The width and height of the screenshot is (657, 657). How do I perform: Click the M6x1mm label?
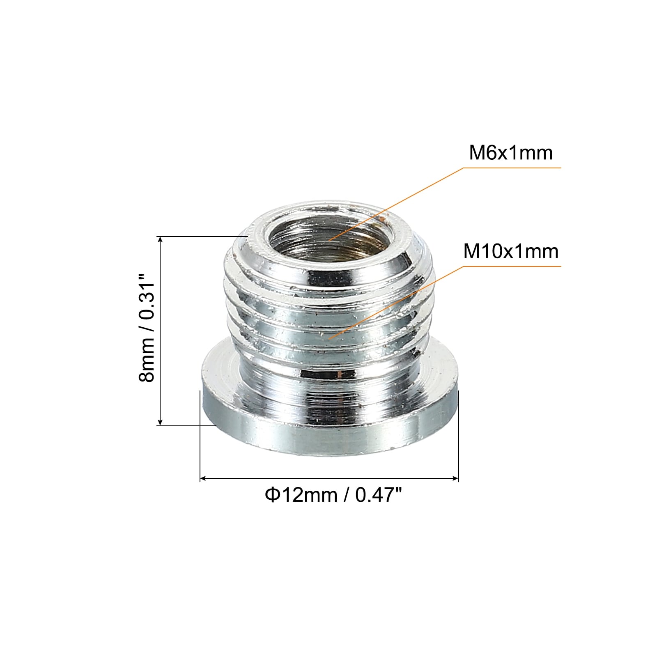pyautogui.click(x=511, y=153)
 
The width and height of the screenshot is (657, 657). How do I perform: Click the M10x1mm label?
pyautogui.click(x=511, y=251)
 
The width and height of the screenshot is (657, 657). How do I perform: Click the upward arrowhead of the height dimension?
pyautogui.click(x=161, y=240)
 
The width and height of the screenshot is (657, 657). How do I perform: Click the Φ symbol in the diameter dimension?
pyautogui.click(x=272, y=495)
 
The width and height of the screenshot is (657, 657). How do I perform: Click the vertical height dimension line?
pyautogui.click(x=161, y=328)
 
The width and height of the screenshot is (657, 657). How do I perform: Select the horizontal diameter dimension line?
pyautogui.click(x=328, y=478)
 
